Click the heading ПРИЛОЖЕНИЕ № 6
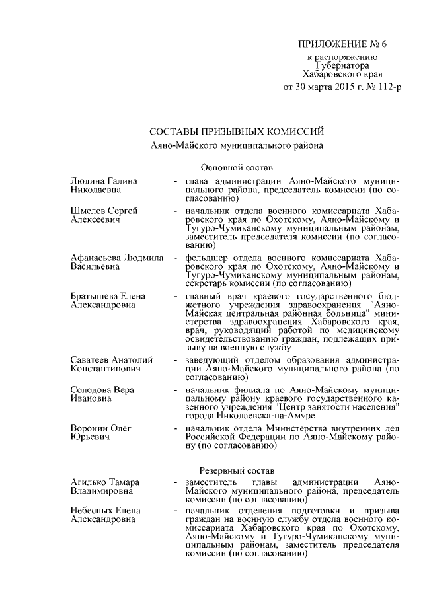coord(341,45)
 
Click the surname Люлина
coord(87,181)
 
